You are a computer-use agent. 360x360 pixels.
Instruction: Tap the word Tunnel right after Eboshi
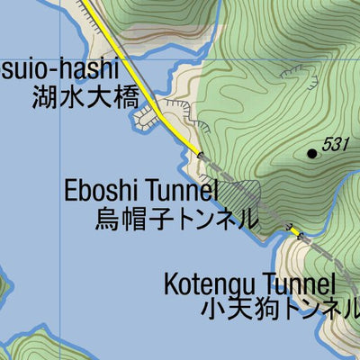183,191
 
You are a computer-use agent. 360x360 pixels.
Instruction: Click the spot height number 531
335,143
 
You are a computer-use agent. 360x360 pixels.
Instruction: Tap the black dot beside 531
312,154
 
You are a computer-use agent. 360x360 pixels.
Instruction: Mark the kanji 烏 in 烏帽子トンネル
107,218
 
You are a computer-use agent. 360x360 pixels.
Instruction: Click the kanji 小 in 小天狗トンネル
213,311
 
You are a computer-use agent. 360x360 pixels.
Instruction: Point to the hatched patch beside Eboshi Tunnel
241,193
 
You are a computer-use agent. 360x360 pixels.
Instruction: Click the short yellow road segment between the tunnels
293,232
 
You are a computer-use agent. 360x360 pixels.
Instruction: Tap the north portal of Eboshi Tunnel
201,154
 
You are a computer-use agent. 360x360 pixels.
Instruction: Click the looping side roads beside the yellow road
148,119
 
